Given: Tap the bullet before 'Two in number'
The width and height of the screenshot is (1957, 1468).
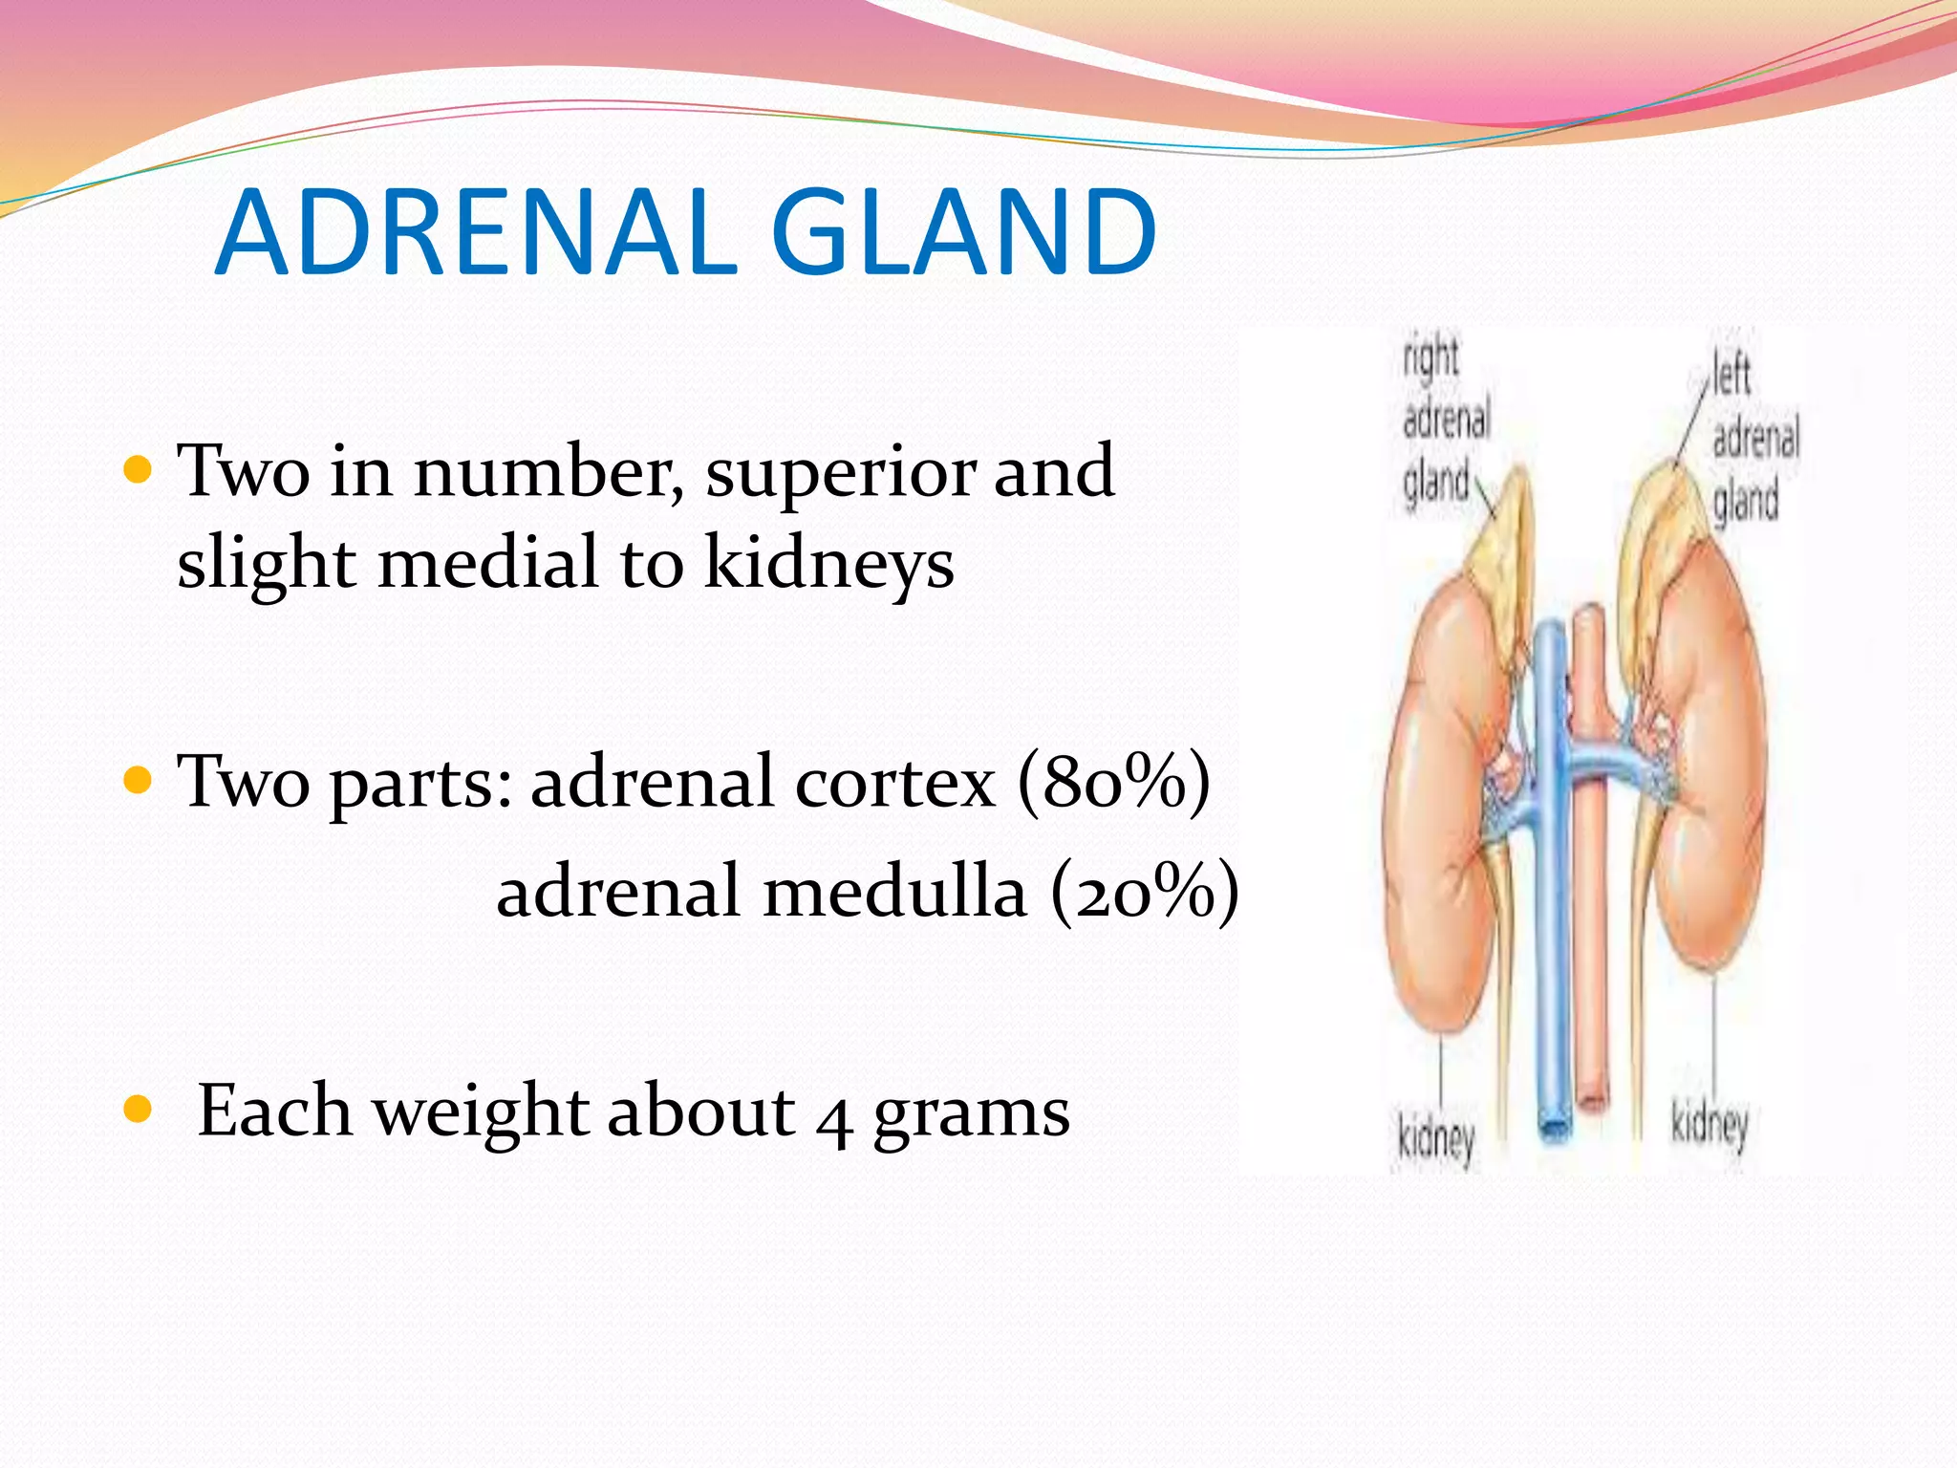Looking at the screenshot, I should point(139,470).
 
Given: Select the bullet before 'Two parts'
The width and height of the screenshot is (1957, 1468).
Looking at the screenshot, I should point(139,781).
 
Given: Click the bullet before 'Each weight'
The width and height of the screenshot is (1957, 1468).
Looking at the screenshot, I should point(139,1110).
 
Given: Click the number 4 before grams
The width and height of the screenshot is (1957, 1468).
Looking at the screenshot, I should point(834,1116).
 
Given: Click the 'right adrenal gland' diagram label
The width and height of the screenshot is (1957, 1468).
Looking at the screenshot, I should point(1444,421).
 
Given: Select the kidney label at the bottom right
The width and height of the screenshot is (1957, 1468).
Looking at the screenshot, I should point(1710,1125).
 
